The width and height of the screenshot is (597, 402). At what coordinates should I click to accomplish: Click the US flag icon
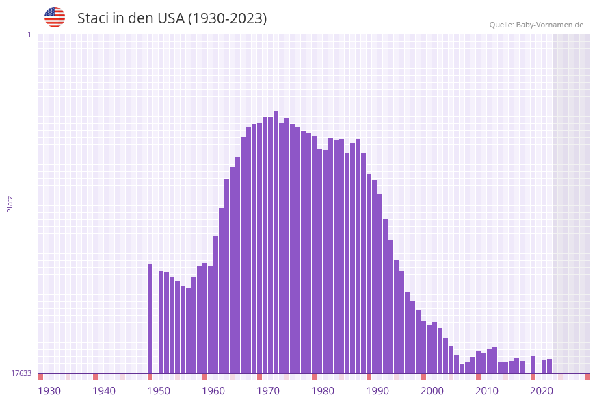click(55, 17)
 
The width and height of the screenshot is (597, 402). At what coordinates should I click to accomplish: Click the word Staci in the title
click(92, 18)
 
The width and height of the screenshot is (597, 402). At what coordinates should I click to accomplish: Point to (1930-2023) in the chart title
click(227, 18)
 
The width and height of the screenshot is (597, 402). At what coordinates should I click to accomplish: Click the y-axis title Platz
click(10, 203)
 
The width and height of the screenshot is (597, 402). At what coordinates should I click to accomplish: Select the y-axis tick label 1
click(29, 34)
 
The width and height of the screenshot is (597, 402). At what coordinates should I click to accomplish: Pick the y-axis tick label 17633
click(21, 373)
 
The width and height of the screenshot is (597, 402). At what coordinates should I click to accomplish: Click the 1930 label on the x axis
click(49, 391)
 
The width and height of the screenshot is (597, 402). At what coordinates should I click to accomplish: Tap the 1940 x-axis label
click(104, 391)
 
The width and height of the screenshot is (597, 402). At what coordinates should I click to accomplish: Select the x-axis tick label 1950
click(159, 391)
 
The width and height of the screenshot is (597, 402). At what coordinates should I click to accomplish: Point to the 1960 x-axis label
click(213, 391)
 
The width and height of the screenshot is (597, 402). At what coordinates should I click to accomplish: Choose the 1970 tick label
click(268, 391)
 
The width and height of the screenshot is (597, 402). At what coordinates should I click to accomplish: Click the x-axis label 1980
click(323, 391)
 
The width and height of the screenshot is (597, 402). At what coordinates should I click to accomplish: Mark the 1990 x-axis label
click(377, 391)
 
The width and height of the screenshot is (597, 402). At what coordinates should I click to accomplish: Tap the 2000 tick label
click(432, 391)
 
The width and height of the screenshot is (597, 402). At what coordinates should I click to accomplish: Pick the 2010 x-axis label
click(487, 391)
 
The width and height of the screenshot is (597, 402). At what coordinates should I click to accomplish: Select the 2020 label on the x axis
click(542, 391)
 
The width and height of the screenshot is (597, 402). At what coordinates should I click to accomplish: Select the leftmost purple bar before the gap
click(150, 318)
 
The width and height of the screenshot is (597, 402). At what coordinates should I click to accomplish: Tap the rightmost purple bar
click(549, 366)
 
